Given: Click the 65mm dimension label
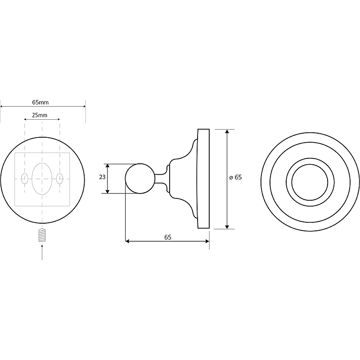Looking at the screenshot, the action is point(40,102).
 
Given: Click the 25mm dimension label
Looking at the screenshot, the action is point(40,115).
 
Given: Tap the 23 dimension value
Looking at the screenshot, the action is point(102,177).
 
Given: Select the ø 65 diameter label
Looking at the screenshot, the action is point(235,177).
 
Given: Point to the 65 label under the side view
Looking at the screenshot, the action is point(168,237).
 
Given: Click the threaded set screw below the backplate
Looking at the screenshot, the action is point(42,235).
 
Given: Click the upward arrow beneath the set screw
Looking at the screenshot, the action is point(42,252).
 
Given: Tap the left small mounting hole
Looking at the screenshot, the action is point(25,179).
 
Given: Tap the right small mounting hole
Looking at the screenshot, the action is point(60,179).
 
